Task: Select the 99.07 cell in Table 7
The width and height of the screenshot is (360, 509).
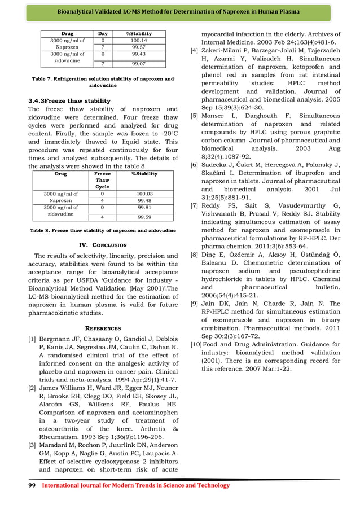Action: coord(138,64)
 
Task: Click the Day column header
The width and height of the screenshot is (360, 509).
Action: coord(103,34)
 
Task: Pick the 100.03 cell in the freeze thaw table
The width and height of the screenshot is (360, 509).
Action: coord(144,194)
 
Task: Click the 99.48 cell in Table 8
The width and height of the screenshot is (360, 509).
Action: coord(144,201)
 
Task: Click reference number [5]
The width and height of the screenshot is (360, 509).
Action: coord(194,116)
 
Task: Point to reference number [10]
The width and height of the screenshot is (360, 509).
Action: coord(195,344)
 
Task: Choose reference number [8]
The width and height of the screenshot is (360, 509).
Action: coord(194,254)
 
